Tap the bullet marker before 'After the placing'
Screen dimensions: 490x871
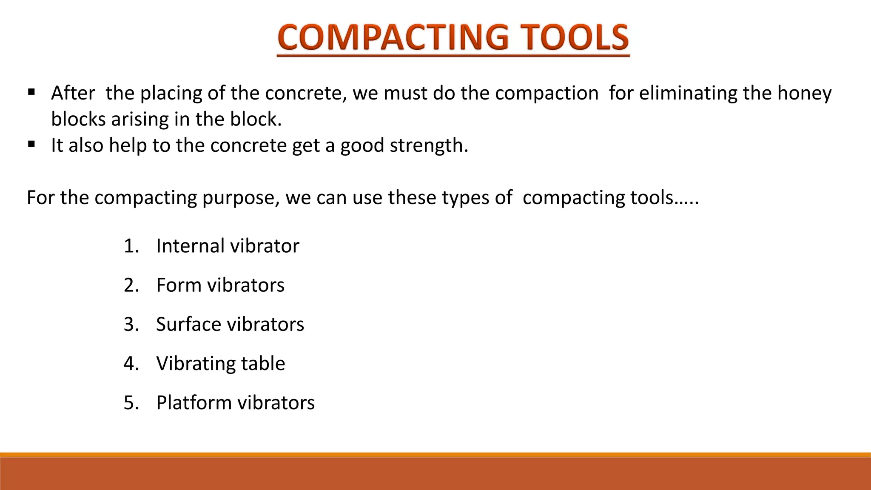point(31,92)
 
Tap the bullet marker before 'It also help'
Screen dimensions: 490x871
point(31,144)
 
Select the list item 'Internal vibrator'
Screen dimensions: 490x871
point(228,246)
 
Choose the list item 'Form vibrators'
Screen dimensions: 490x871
point(220,285)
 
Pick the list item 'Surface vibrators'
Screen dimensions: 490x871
point(230,325)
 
